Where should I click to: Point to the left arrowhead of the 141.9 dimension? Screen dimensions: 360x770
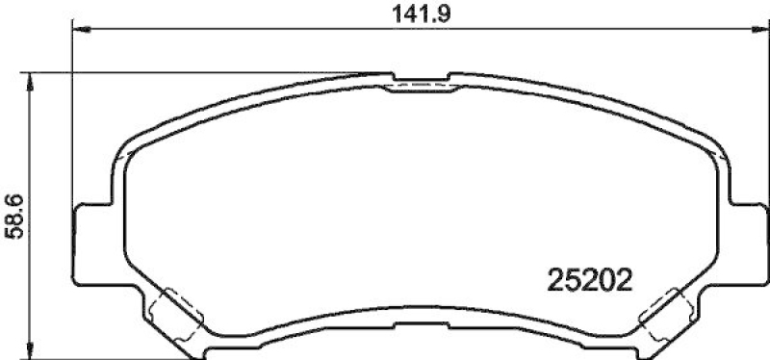coord(81,30)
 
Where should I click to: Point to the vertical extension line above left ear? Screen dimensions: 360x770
coord(74,116)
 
